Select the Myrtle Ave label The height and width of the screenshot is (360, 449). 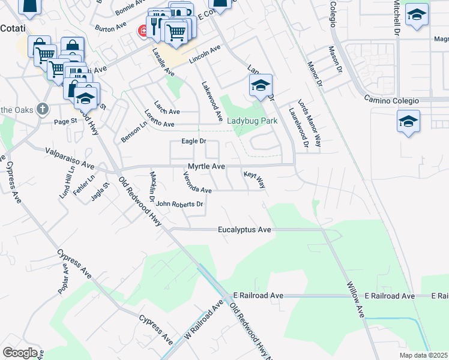206,166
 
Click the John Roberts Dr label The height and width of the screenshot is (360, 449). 180,204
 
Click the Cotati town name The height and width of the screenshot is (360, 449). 12,28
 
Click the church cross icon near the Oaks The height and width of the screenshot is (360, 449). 41,109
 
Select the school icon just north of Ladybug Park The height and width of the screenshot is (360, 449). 261,86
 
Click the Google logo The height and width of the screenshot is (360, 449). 20,353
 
